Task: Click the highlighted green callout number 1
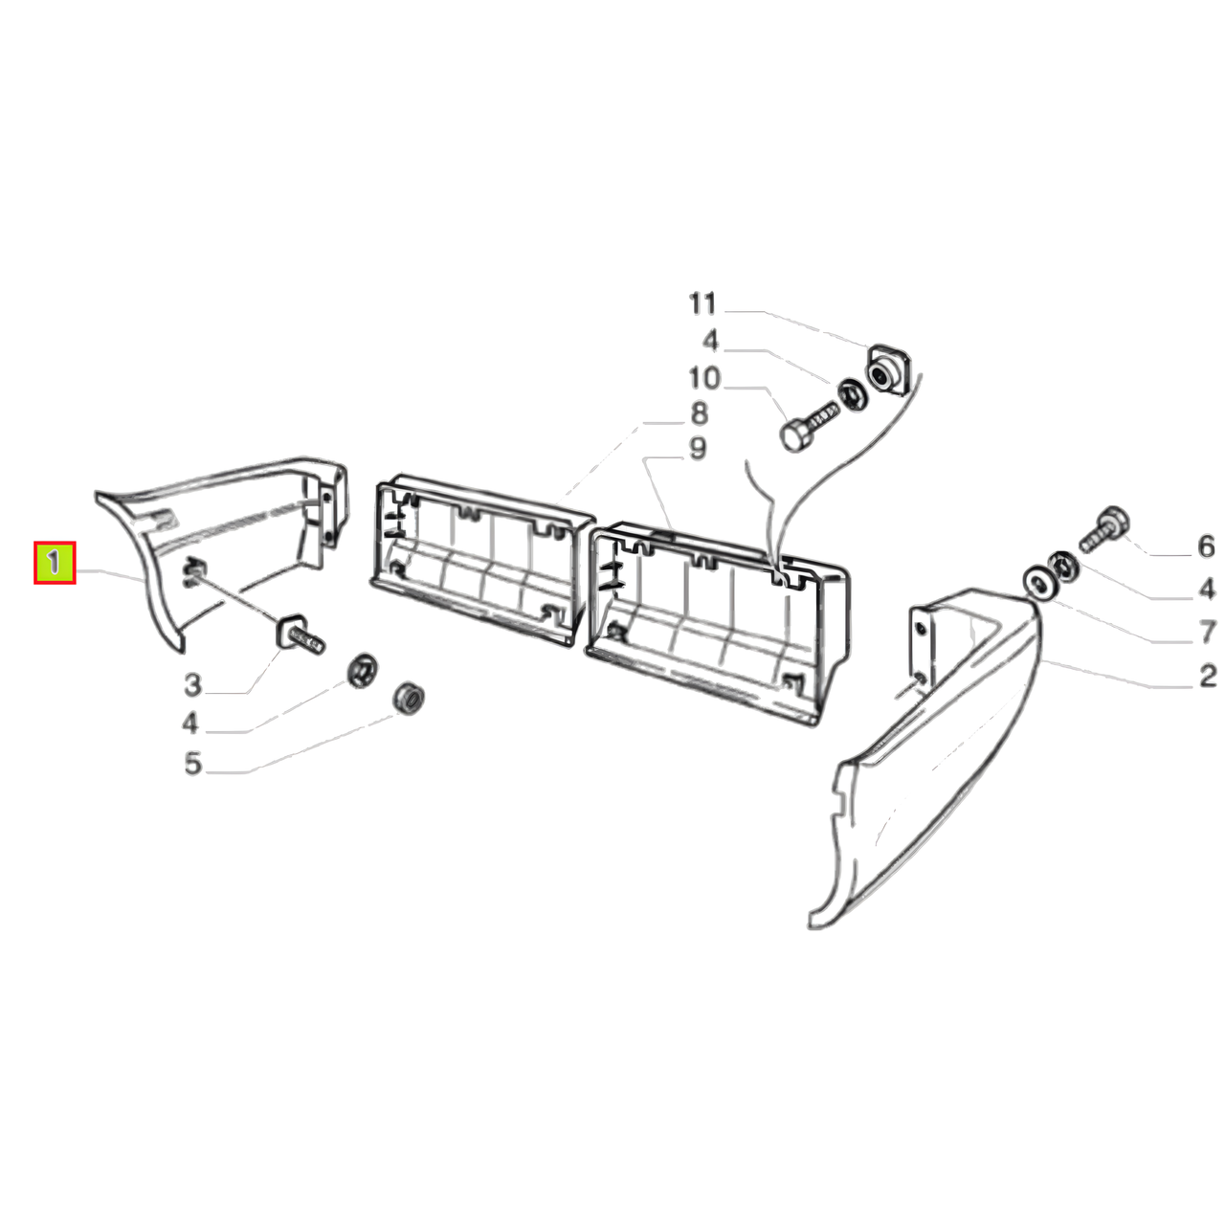pos(55,563)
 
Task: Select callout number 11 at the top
pos(702,303)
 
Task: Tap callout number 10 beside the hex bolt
pos(704,378)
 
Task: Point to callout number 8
pos(699,413)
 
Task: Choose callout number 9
pos(698,449)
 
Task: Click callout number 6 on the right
pos(1206,546)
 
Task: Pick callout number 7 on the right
pos(1207,633)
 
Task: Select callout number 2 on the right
pos(1207,675)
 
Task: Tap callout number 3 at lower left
pos(192,685)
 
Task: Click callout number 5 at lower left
pos(192,764)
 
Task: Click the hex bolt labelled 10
pos(808,426)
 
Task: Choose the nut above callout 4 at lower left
pos(363,670)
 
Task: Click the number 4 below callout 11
pos(710,341)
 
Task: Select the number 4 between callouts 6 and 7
pos(1207,590)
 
